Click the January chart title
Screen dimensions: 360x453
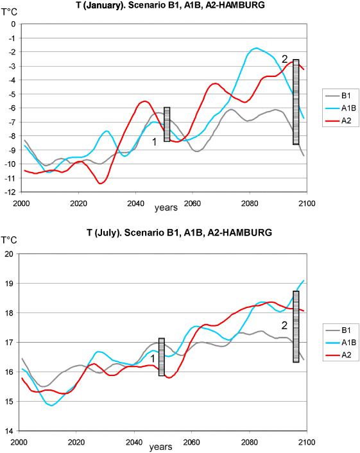click(x=171, y=5)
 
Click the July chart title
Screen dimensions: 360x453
click(x=180, y=232)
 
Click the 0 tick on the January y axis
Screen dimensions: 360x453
click(x=13, y=24)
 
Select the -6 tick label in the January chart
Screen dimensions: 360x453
click(x=13, y=108)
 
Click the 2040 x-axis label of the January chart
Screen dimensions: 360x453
click(x=136, y=203)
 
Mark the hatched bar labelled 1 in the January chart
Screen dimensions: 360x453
click(x=167, y=124)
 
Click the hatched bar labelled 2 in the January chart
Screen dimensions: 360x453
click(x=296, y=102)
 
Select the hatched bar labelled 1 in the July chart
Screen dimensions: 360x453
click(x=162, y=357)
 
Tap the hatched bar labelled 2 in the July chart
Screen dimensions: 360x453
click(x=296, y=327)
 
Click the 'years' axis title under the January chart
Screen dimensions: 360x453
click(x=166, y=207)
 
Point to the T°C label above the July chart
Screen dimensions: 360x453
click(x=9, y=240)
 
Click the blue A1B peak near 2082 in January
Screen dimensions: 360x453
click(x=256, y=48)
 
